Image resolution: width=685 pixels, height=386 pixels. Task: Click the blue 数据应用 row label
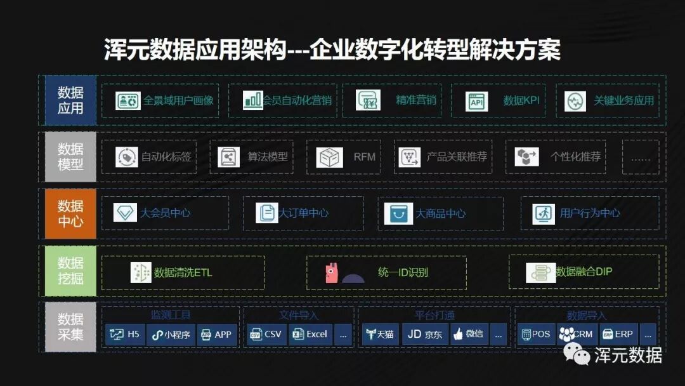[70, 100]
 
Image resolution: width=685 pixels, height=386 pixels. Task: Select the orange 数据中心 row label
[70, 214]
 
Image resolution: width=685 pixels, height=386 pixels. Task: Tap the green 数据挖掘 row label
[70, 271]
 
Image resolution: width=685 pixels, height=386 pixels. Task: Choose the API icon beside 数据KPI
[476, 101]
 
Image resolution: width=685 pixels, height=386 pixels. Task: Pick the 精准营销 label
[415, 100]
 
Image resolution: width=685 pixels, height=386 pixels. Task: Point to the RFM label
[365, 157]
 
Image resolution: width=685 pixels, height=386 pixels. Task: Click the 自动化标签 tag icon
[127, 157]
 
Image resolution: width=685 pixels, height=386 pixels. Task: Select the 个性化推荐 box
[555, 157]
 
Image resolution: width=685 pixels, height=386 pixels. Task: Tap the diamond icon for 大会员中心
[125, 213]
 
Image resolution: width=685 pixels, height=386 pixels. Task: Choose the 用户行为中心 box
[589, 213]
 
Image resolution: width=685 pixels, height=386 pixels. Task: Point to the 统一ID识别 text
[403, 272]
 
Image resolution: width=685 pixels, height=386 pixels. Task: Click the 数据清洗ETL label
[183, 272]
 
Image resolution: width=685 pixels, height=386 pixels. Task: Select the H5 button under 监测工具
[125, 334]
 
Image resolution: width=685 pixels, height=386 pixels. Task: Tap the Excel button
[310, 334]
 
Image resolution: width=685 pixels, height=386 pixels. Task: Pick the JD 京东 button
[424, 334]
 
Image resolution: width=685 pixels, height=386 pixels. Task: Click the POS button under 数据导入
[535, 334]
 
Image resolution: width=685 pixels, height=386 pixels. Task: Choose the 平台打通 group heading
[434, 315]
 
